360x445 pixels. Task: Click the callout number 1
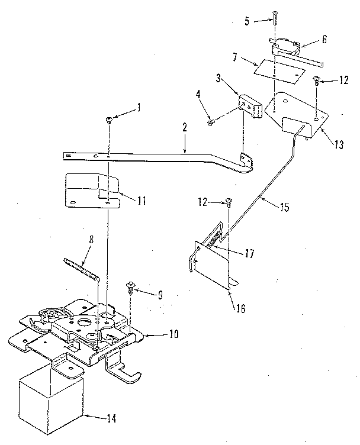[x=139, y=108]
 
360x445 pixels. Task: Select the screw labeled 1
[x=109, y=120]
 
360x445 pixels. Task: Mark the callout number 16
[x=239, y=308]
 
